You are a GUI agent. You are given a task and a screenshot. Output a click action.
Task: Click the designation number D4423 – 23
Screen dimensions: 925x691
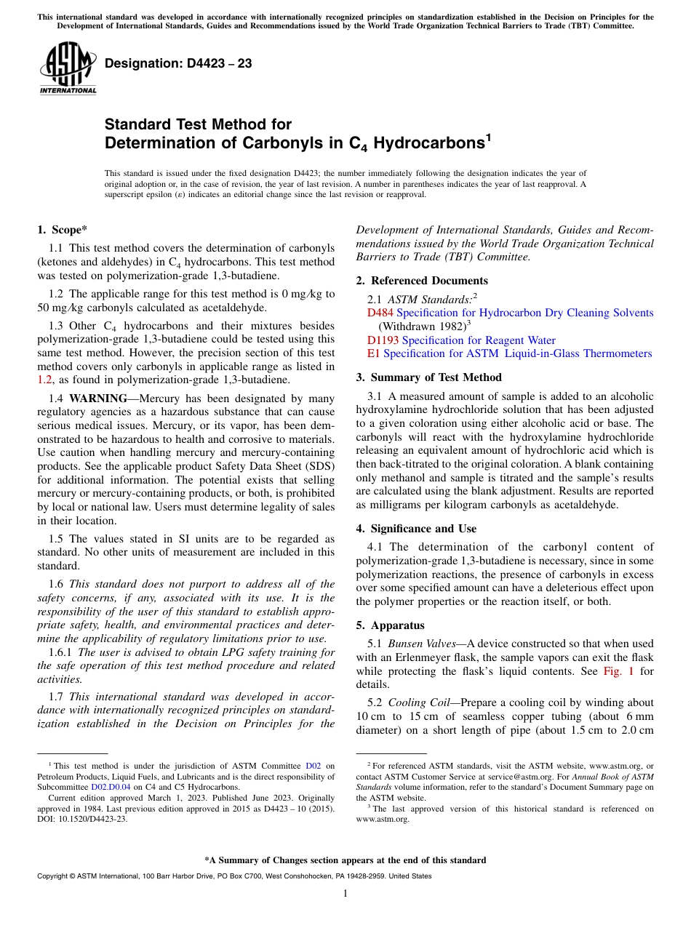pyautogui.click(x=178, y=64)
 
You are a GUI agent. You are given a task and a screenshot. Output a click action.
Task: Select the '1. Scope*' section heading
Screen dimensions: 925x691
pyautogui.click(x=62, y=231)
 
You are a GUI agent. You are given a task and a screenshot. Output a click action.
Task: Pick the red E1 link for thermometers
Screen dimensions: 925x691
pyautogui.click(x=374, y=353)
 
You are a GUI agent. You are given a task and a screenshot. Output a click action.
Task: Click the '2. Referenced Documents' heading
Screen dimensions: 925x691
pyautogui.click(x=422, y=281)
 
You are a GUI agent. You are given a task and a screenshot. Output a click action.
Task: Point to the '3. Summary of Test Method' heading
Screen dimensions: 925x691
pyautogui.click(x=428, y=377)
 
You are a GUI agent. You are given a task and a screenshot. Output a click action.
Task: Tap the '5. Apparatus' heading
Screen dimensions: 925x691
pyautogui.click(x=391, y=625)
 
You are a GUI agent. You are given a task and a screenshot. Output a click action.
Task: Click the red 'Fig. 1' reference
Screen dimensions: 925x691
pyautogui.click(x=618, y=671)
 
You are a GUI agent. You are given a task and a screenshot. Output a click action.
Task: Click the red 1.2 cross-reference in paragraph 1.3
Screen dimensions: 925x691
pyautogui.click(x=44, y=380)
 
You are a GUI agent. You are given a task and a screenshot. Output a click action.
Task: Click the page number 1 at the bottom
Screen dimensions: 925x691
pyautogui.click(x=345, y=893)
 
